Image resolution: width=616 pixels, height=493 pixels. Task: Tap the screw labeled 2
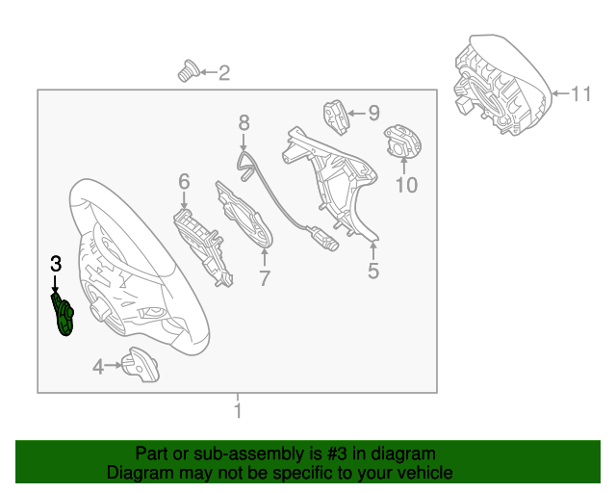189,71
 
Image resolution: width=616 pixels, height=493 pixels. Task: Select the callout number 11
580,94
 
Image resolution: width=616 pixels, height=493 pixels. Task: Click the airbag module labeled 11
502,85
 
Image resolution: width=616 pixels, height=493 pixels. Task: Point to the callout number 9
374,114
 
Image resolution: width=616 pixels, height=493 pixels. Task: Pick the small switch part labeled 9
336,117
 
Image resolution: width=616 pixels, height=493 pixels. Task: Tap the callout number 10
406,185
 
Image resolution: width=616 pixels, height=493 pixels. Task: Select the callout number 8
244,122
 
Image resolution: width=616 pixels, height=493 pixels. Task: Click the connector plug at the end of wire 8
323,239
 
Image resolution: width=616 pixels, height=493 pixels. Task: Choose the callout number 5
373,271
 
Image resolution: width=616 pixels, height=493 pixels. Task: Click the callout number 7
265,278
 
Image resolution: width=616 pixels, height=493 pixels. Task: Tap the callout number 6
184,182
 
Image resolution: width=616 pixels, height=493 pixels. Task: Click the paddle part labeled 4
141,364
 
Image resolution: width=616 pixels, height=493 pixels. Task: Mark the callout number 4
98,367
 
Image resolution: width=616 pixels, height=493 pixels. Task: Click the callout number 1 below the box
238,410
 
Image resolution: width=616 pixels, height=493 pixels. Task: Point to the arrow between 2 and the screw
209,72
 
